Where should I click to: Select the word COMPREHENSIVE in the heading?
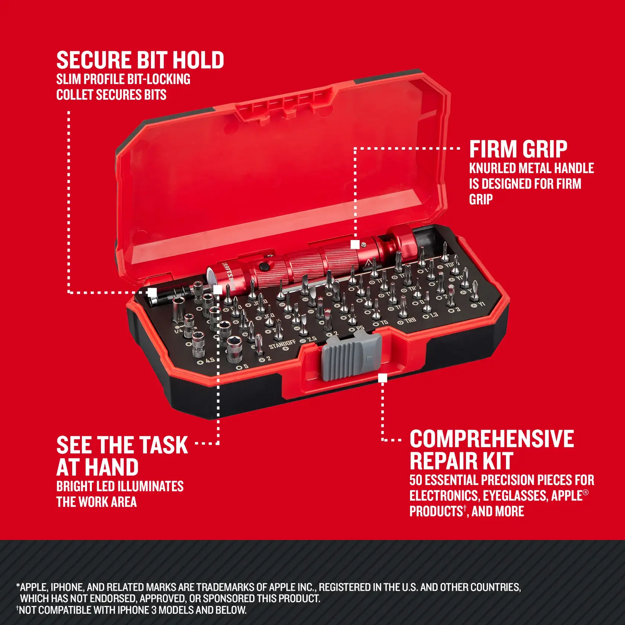pos(491,439)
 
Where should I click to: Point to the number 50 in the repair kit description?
pos(416,480)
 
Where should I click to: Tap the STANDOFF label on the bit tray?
pos(282,344)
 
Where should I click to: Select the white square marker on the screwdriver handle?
pos(355,244)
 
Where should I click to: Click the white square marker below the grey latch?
pos(382,378)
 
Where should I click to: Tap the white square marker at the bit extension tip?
pos(152,292)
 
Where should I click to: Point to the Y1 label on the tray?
pos(481,304)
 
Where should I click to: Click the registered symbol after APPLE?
pos(586,493)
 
